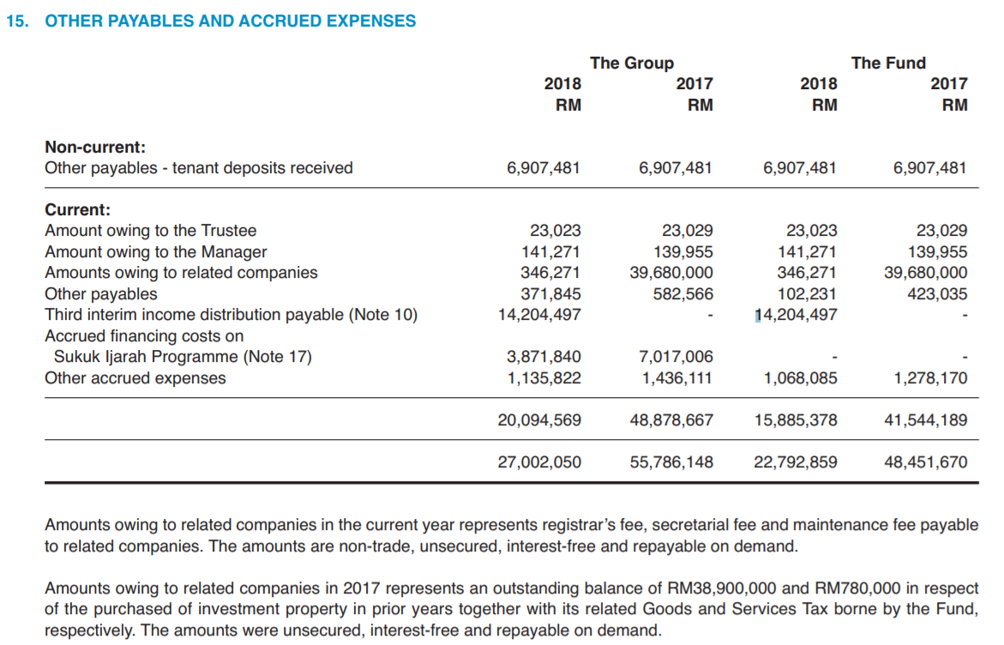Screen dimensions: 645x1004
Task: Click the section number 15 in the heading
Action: [x=16, y=21]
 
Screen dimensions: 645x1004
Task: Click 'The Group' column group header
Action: [x=631, y=63]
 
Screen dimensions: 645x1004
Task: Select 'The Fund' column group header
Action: [x=888, y=63]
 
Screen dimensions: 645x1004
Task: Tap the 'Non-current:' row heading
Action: [x=95, y=147]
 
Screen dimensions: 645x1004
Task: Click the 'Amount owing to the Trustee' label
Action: [x=150, y=231]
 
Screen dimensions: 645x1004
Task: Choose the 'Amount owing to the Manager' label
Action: [x=155, y=252]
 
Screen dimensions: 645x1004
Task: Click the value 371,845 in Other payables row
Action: [x=550, y=294]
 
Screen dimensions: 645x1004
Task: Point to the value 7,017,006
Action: [x=676, y=357]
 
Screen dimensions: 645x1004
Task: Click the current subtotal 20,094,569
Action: [x=539, y=420]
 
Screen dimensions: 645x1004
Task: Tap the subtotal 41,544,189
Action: [x=926, y=420]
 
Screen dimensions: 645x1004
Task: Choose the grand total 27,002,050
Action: [x=539, y=462]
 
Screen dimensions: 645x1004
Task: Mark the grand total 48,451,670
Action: [x=926, y=462]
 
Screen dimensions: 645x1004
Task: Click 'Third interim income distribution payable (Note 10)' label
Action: [x=231, y=315]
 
